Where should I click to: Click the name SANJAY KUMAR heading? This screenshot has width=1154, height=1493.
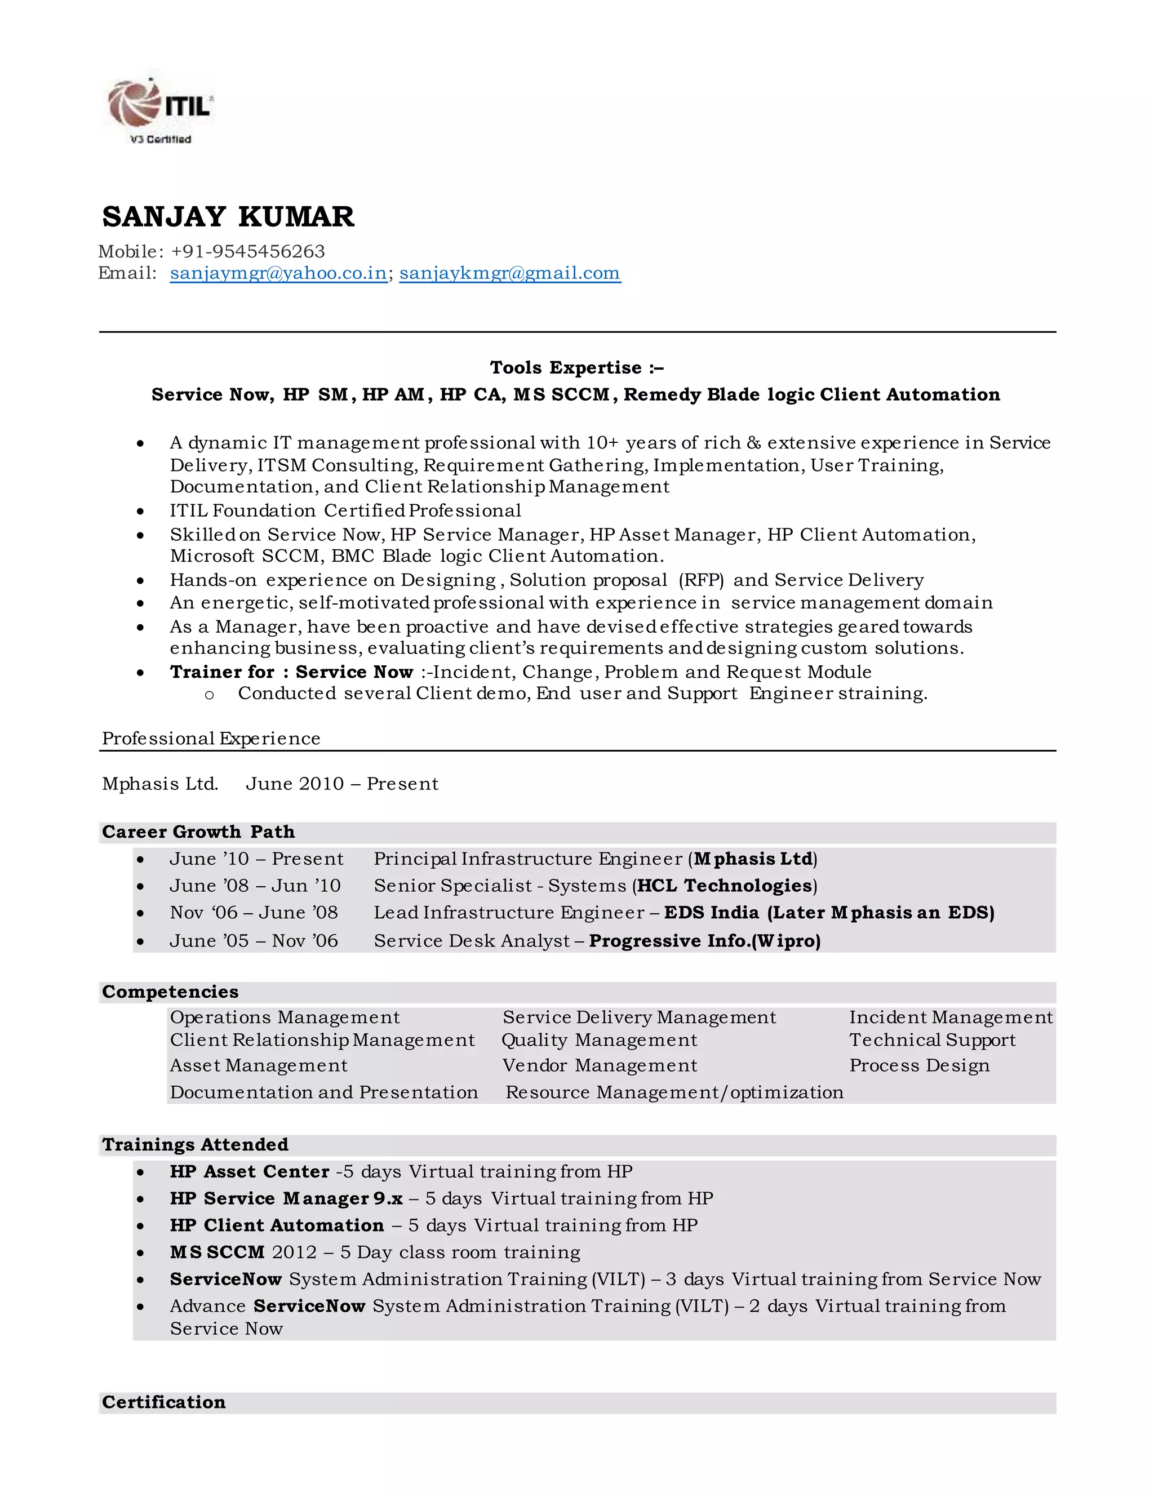[x=228, y=217]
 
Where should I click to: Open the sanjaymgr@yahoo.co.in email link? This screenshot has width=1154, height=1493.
[x=278, y=273]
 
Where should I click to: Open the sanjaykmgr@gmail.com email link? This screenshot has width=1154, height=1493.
[x=509, y=273]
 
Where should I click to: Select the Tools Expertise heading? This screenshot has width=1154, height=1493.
[x=576, y=368]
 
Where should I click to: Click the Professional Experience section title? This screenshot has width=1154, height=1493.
[x=211, y=738]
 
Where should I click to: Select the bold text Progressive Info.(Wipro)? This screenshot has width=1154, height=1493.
[x=704, y=941]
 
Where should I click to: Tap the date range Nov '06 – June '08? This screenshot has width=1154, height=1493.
[x=254, y=913]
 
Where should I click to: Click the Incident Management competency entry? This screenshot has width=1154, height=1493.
[x=950, y=1017]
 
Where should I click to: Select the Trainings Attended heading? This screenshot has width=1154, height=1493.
[x=195, y=1144]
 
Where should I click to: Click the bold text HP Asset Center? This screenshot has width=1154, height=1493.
[x=250, y=1171]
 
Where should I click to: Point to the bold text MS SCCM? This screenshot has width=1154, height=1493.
[x=217, y=1252]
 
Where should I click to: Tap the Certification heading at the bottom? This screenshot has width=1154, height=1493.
[x=163, y=1402]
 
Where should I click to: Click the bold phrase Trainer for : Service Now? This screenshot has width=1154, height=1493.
[x=291, y=672]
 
